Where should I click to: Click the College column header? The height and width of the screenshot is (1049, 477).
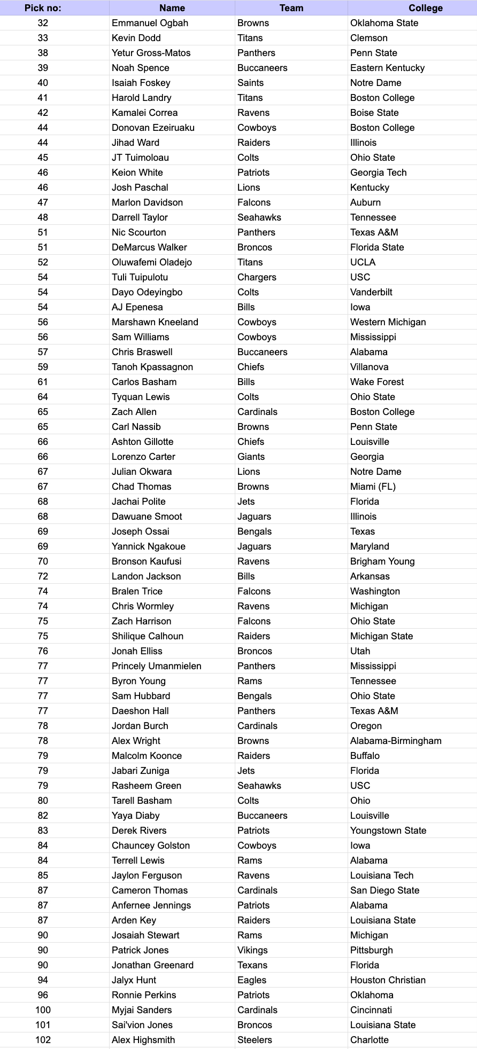tap(425, 8)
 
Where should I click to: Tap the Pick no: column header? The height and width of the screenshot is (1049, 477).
tap(43, 8)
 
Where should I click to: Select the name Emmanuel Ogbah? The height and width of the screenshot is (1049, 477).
tap(150, 23)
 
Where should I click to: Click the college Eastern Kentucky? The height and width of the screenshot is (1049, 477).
tap(387, 68)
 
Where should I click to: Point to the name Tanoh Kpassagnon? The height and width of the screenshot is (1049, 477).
tap(152, 367)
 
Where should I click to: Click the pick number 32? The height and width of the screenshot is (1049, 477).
tap(43, 23)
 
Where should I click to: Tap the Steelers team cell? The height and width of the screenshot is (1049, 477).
tap(255, 1040)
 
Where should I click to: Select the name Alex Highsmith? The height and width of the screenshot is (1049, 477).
tap(143, 1040)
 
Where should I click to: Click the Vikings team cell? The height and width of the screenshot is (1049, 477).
tap(252, 950)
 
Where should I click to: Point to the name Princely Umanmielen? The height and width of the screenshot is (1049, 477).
tap(157, 666)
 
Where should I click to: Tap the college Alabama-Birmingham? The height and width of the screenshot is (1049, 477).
tap(396, 741)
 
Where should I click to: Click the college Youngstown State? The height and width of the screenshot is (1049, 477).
tap(388, 831)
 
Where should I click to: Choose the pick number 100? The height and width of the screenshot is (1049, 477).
tap(43, 1010)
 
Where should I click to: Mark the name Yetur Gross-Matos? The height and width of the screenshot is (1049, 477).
tap(151, 53)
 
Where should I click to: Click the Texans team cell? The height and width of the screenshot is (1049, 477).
tap(252, 965)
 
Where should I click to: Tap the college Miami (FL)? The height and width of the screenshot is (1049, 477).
tap(373, 487)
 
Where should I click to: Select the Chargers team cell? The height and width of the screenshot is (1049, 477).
tap(257, 277)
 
